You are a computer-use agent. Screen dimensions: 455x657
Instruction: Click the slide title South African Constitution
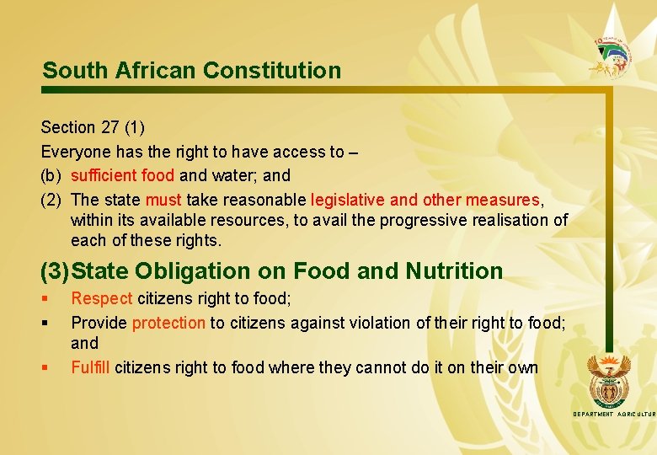(192, 70)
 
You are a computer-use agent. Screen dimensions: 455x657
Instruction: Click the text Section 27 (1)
(93, 127)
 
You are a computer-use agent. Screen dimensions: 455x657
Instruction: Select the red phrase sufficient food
(123, 176)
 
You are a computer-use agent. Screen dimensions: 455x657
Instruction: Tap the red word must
(163, 201)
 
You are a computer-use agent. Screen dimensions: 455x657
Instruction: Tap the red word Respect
(101, 298)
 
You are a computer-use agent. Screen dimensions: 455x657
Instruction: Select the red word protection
(168, 323)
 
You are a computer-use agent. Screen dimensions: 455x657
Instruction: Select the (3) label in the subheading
(55, 271)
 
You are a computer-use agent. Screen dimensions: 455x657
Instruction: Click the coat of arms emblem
(607, 378)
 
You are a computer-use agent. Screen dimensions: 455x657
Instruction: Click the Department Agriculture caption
(613, 415)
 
